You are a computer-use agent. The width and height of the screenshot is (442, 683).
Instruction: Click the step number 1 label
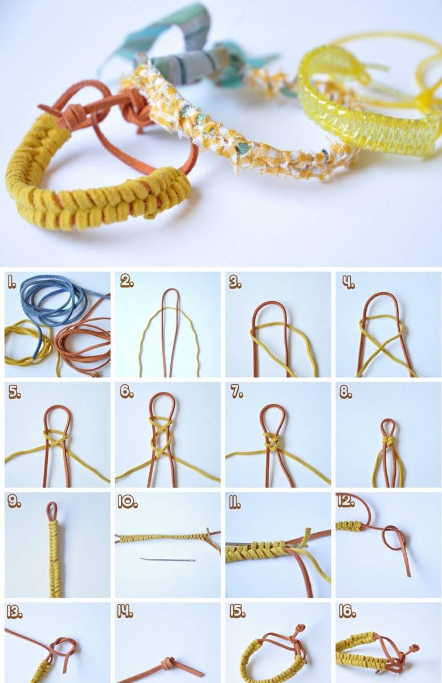tap(11, 283)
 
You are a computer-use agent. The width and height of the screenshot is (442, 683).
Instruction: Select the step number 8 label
tap(346, 393)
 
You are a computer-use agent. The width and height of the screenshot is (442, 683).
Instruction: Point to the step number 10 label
tap(128, 503)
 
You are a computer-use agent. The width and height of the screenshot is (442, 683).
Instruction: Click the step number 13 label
tap(15, 612)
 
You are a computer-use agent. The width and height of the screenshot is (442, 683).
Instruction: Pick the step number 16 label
tap(347, 612)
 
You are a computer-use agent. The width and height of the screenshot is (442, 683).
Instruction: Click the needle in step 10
tap(167, 559)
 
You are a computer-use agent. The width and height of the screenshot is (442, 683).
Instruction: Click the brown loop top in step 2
tap(167, 292)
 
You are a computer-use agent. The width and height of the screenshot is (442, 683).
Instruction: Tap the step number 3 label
tap(235, 283)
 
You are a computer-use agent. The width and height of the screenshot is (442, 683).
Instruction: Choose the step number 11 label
tap(235, 503)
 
